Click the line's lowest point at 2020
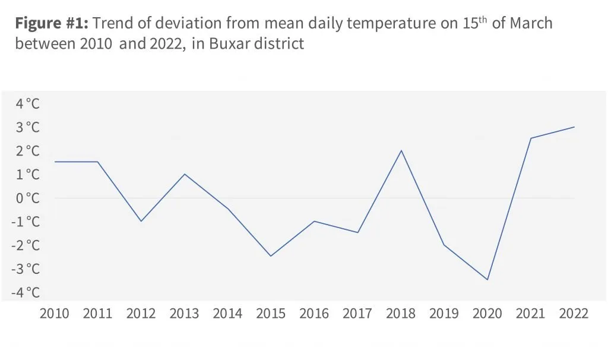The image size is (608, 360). click(487, 279)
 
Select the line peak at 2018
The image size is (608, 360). click(401, 150)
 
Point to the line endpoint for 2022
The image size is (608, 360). click(574, 127)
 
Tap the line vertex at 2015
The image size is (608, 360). click(271, 256)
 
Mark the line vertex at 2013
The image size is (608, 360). click(185, 174)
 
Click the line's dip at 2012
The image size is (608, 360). click(141, 221)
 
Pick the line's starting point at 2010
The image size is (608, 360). click(55, 162)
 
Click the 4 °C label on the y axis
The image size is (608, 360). click(27, 103)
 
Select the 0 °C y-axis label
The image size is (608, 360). click(27, 198)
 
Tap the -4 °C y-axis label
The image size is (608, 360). click(26, 292)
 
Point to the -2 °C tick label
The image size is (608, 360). click(26, 245)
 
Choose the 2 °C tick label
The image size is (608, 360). click(27, 150)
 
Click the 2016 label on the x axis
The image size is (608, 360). click(314, 314)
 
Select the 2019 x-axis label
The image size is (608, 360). click(444, 314)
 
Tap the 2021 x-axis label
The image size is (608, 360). click(530, 314)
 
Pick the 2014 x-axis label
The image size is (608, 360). click(227, 314)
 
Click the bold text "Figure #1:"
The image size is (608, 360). click(52, 23)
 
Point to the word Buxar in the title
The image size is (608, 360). click(229, 43)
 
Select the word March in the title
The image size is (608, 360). click(531, 23)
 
